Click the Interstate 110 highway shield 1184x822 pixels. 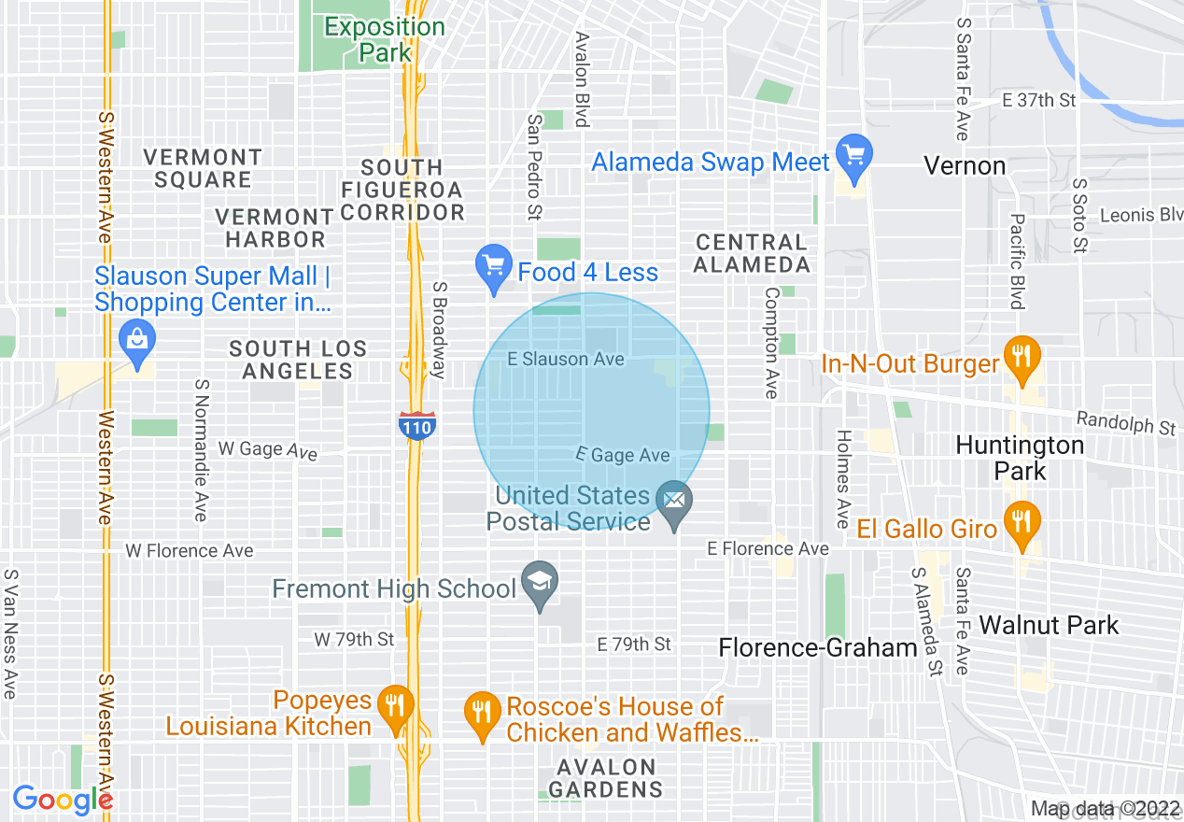click(416, 425)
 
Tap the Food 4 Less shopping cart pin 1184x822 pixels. click(492, 267)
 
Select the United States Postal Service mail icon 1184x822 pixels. click(673, 504)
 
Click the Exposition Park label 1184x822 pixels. click(385, 39)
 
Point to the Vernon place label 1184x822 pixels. click(965, 166)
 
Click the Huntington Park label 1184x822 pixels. click(1020, 458)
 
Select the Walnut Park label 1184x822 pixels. click(1049, 625)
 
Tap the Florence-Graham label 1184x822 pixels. click(818, 647)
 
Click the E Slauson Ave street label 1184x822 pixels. click(566, 359)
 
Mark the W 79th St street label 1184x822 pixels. click(354, 640)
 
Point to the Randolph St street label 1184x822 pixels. click(1126, 423)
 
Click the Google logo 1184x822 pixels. click(62, 800)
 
